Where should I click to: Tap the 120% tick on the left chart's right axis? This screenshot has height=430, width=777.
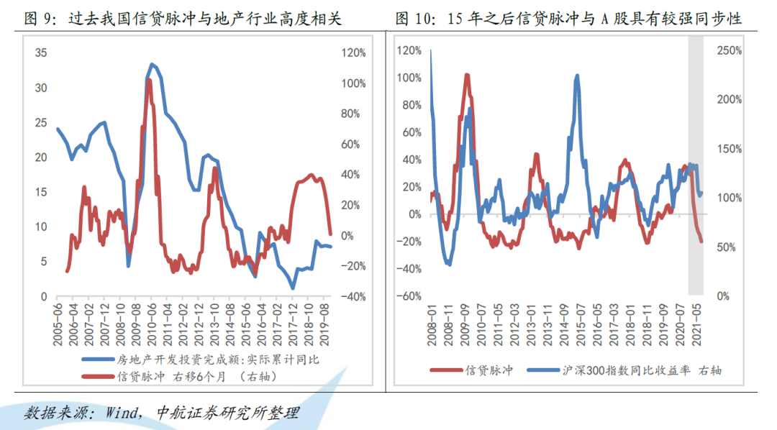[x=354, y=52]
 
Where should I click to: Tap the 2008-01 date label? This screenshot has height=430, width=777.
[x=431, y=321]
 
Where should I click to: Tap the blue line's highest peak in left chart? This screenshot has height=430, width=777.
[x=152, y=64]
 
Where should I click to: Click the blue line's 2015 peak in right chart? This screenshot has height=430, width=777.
[x=577, y=76]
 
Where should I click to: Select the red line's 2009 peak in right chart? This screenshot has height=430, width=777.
[x=467, y=75]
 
